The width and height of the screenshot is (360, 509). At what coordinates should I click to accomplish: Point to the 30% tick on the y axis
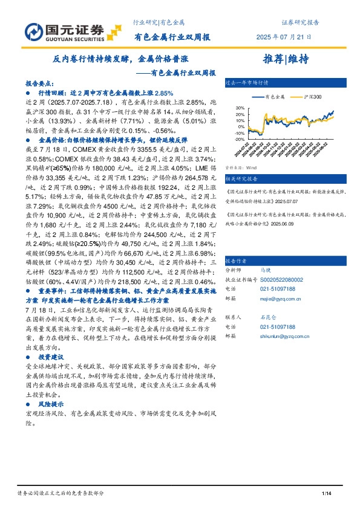240,108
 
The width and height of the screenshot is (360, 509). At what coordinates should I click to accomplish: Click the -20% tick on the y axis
239,138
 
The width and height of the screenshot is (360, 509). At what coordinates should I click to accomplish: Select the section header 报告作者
236,261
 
